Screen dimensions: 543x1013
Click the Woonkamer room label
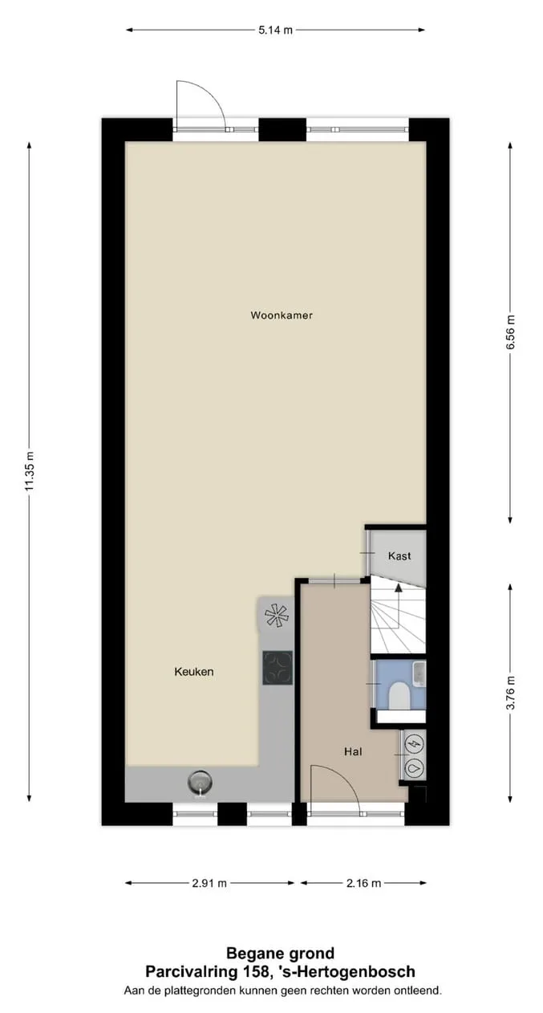282,315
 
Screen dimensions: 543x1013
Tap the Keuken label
194,672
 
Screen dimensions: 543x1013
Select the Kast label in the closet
399,555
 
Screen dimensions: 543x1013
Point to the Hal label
353,751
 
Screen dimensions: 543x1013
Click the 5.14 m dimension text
276,31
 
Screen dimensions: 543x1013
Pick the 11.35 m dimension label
30,470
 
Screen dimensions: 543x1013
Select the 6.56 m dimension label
510,332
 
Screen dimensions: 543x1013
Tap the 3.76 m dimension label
510,693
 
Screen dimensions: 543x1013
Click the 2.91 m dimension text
209,883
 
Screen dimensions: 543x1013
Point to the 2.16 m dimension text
363,883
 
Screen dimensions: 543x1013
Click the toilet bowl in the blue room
399,695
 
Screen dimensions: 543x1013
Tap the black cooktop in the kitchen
278,668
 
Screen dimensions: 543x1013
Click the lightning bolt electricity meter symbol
415,743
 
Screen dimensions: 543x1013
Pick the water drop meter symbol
415,767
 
